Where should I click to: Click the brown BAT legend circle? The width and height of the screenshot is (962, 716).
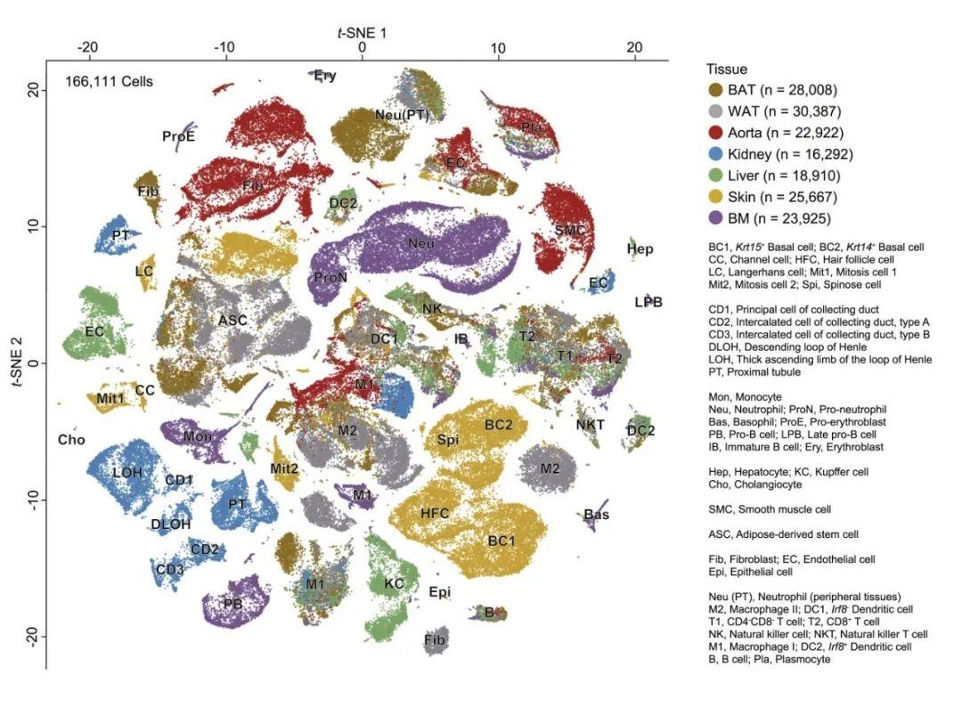(714, 90)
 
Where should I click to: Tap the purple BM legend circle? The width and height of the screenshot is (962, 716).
(714, 218)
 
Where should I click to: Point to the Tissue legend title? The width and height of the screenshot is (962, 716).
(726, 69)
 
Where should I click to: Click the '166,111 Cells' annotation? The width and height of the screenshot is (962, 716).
(109, 82)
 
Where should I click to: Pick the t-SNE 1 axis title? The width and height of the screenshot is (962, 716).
(362, 33)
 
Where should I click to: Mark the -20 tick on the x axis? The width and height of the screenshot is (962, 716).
(87, 47)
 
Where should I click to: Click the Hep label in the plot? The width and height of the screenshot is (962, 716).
(640, 248)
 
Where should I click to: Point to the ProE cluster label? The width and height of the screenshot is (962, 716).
(178, 136)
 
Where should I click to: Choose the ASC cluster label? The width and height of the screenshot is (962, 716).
(232, 320)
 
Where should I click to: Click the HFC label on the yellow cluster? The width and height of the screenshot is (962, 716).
(435, 514)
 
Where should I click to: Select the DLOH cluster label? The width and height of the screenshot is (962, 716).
(170, 525)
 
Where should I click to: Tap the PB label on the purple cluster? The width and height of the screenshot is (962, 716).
(232, 604)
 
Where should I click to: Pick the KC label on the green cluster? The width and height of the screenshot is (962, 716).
(394, 584)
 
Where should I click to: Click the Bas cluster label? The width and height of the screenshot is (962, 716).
(597, 515)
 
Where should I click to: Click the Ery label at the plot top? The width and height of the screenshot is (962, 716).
(325, 76)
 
